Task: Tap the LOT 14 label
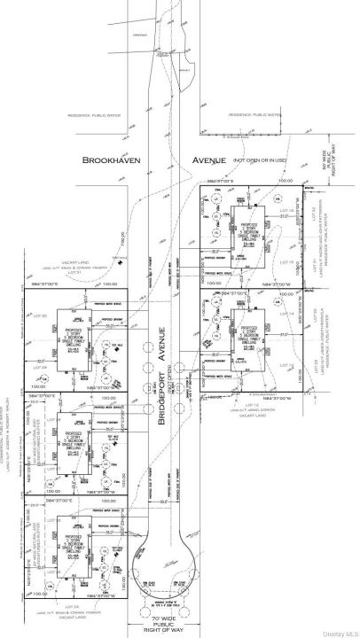286,313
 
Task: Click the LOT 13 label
286,363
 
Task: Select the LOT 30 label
40,315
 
